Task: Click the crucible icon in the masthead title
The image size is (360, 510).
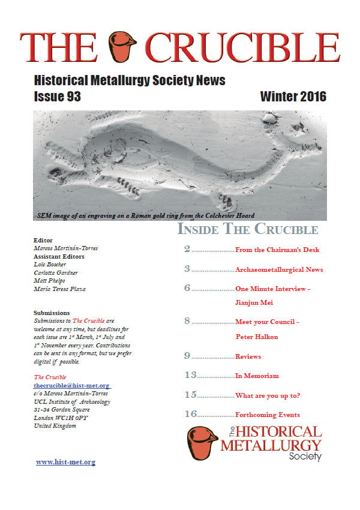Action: (122, 46)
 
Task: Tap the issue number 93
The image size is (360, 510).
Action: (71, 97)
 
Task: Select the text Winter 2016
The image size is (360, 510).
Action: (293, 97)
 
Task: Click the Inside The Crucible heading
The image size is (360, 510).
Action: (247, 229)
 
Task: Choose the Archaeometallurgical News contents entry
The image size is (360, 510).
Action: (279, 269)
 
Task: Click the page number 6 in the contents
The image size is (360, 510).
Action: (187, 288)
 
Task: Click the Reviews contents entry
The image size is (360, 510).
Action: (248, 356)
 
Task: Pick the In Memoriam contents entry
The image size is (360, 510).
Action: (257, 376)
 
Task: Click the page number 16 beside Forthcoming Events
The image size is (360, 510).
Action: (190, 414)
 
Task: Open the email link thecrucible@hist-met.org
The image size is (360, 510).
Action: (72, 385)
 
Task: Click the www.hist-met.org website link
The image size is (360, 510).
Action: (65, 462)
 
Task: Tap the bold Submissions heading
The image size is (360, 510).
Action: (52, 313)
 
